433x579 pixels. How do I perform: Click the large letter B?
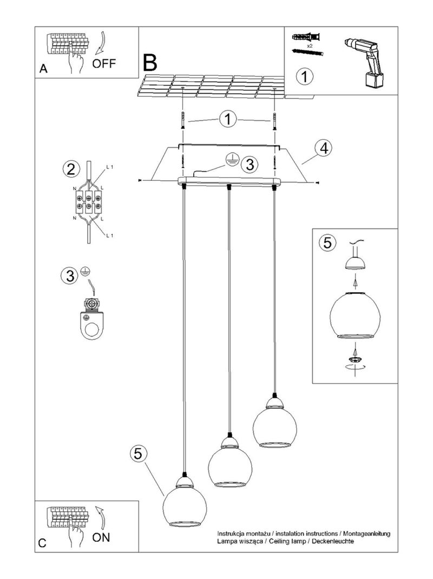(150, 63)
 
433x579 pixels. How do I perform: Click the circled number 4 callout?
(323, 148)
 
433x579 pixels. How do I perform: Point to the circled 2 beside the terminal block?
(69, 169)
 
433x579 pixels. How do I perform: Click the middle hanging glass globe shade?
(229, 465)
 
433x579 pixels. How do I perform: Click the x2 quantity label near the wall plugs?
(310, 47)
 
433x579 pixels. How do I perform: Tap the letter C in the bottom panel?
(42, 544)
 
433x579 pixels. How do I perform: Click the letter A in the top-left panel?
(43, 69)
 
